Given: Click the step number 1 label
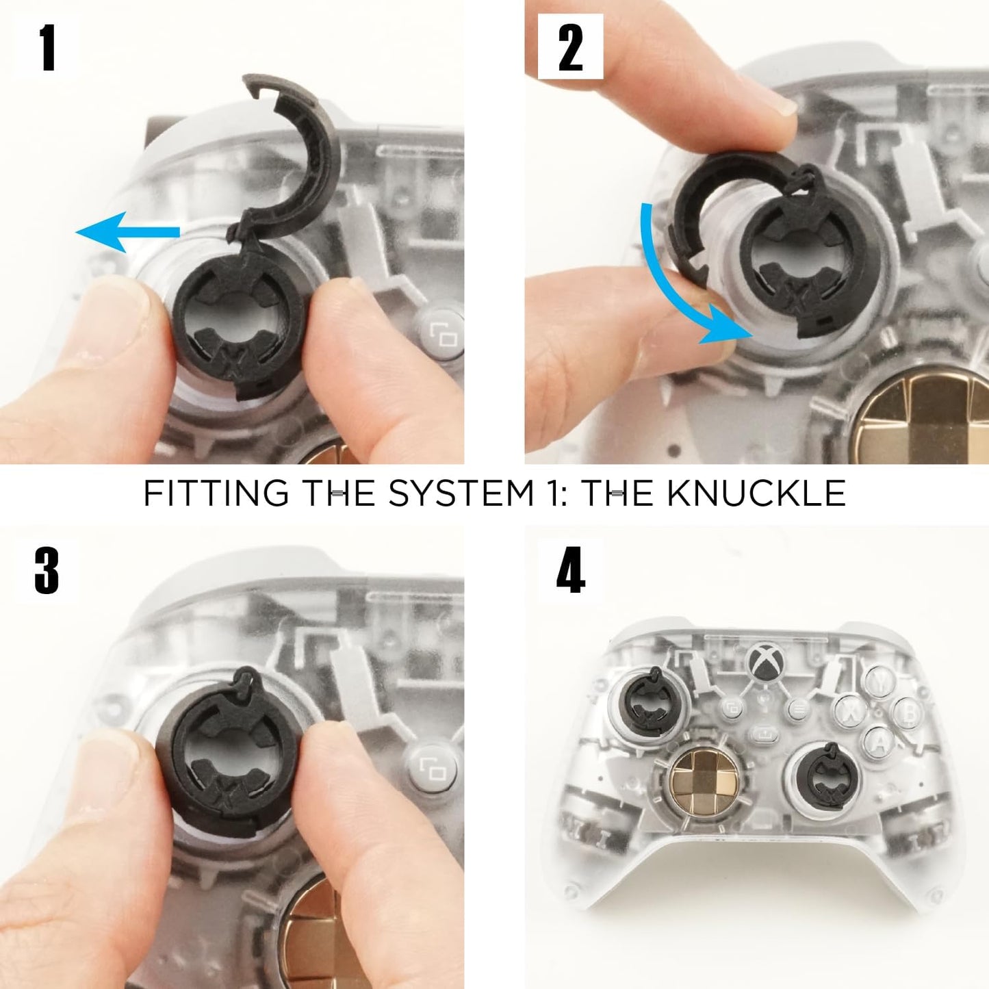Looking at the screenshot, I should (x=47, y=47).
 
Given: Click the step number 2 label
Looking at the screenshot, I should (x=570, y=47).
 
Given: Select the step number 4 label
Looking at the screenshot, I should (x=570, y=571).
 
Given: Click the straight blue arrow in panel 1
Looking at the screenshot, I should (x=127, y=232).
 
